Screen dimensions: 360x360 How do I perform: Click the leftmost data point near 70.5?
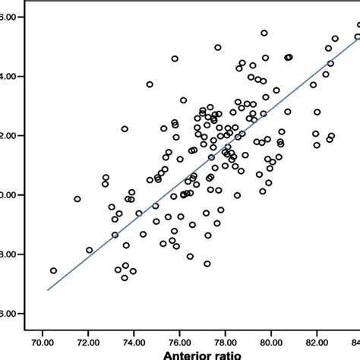click(53, 270)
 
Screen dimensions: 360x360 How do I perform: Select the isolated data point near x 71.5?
click(77, 199)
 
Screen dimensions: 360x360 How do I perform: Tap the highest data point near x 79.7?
click(264, 33)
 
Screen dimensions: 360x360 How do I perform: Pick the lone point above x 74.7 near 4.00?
click(150, 84)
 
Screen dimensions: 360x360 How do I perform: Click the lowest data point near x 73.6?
click(125, 278)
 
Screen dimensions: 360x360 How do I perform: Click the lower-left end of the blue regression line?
click(47, 290)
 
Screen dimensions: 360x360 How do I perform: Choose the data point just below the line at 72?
click(90, 250)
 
